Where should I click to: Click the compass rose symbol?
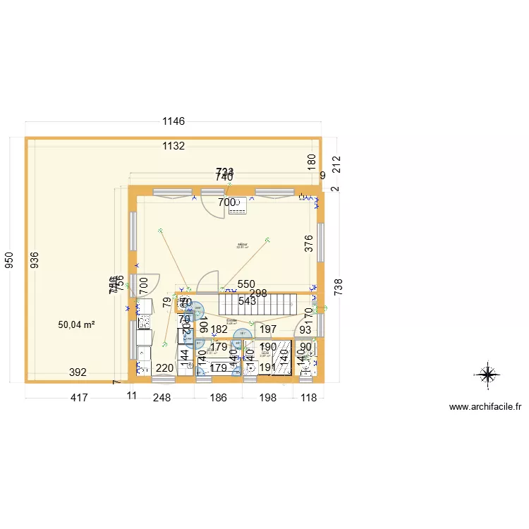coord(488,374)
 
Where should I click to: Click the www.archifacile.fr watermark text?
coord(485,407)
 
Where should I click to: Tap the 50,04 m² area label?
coord(77,324)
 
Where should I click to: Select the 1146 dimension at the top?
coord(174,121)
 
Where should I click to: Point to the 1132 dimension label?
coord(174,146)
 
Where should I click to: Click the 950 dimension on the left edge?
coord(9,261)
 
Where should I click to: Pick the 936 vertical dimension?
coord(35,261)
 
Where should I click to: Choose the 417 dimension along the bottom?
coord(78,399)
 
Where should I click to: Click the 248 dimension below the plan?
coord(162,399)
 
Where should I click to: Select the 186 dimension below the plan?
coord(219,399)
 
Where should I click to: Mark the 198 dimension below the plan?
coord(268,399)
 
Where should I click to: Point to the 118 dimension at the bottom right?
coord(309,399)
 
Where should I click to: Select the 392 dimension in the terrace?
coord(78,372)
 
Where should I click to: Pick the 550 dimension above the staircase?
coord(246,284)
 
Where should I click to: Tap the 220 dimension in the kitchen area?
coord(164,367)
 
